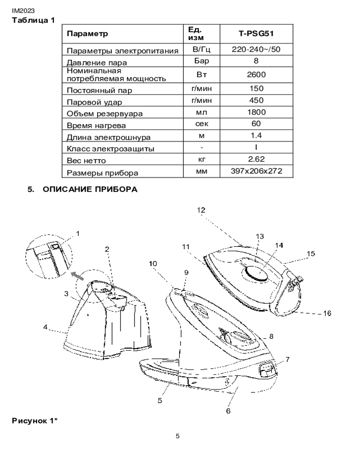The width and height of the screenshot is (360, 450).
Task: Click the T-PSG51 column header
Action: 256,34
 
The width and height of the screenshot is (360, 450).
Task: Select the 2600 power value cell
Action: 256,75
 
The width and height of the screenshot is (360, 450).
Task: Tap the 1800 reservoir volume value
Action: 256,112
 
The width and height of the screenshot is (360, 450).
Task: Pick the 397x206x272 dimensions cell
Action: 256,171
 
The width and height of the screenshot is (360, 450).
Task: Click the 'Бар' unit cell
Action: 202,61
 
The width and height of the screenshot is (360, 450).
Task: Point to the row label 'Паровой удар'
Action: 94,102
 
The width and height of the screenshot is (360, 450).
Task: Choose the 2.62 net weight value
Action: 256,159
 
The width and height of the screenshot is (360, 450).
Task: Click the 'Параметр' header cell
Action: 88,34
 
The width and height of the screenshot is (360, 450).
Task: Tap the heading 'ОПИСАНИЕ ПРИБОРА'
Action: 90,189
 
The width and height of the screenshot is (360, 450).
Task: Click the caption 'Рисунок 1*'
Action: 35,421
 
